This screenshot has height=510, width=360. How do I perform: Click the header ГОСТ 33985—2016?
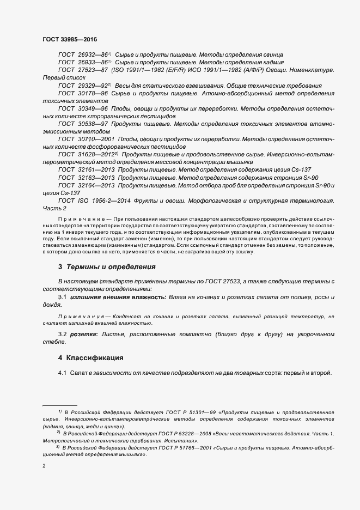pyautogui.click(x=65, y=40)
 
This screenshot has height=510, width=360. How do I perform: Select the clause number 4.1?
pyautogui.click(x=63, y=373)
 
